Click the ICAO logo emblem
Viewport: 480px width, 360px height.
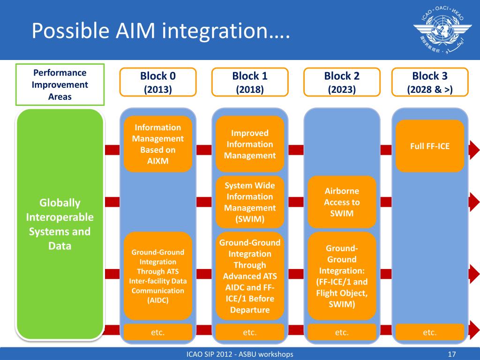pyautogui.click(x=442, y=30)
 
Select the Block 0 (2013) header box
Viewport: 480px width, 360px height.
pyautogui.click(x=157, y=82)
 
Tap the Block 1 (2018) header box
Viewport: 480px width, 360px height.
pyautogui.click(x=250, y=82)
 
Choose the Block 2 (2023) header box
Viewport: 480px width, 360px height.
pyautogui.click(x=342, y=82)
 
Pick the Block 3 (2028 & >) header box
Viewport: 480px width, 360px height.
pyautogui.click(x=430, y=82)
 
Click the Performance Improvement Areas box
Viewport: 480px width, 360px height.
pyautogui.click(x=60, y=84)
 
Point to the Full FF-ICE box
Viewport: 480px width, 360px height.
pyautogui.click(x=430, y=146)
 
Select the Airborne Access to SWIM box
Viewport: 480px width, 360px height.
pyautogui.click(x=342, y=202)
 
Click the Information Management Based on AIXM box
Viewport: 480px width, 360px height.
pyautogui.click(x=157, y=144)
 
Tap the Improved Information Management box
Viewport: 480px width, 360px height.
pyautogui.click(x=250, y=144)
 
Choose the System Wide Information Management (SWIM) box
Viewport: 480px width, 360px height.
pyautogui.click(x=250, y=202)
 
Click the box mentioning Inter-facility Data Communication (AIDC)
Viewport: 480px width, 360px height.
pyautogui.click(x=157, y=276)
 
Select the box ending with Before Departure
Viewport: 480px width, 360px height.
pyautogui.click(x=250, y=276)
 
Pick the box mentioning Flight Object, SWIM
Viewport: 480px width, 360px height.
pyautogui.click(x=342, y=276)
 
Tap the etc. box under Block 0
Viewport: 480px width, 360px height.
pyautogui.click(x=157, y=332)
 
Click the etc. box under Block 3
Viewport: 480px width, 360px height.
pyautogui.click(x=430, y=332)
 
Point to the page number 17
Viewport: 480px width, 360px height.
pyautogui.click(x=452, y=354)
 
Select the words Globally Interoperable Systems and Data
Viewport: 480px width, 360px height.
pyautogui.click(x=60, y=225)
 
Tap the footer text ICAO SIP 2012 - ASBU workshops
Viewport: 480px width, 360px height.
pyautogui.click(x=240, y=354)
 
